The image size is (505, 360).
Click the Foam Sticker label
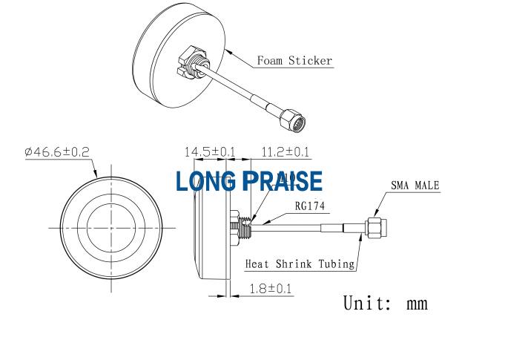point(294,61)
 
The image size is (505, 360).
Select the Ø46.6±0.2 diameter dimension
point(57,151)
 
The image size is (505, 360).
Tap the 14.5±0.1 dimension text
point(210,152)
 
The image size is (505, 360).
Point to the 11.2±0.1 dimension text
point(285,152)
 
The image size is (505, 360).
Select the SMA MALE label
point(415,186)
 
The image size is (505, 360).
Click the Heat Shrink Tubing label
point(300,264)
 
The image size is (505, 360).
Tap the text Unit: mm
point(386,303)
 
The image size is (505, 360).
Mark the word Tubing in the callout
point(337,264)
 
